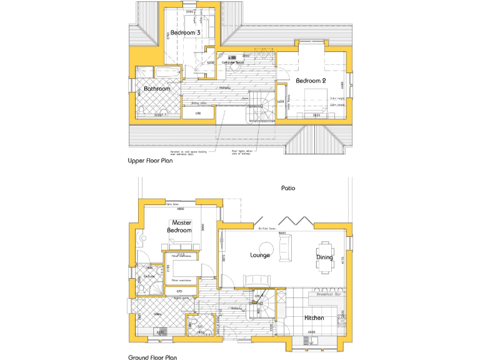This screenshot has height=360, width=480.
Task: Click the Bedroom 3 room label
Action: coord(186,32)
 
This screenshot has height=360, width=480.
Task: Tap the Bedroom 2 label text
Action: coord(311,81)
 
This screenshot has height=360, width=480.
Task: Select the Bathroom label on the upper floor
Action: coord(157,89)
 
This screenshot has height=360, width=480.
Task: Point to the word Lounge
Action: coord(259,255)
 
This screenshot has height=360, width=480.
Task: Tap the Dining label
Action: coord(324,257)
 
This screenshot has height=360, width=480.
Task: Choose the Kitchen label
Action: coord(314,318)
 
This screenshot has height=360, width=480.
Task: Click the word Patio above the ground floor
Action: coord(287,187)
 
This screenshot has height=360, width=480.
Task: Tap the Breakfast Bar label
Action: coord(328,293)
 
